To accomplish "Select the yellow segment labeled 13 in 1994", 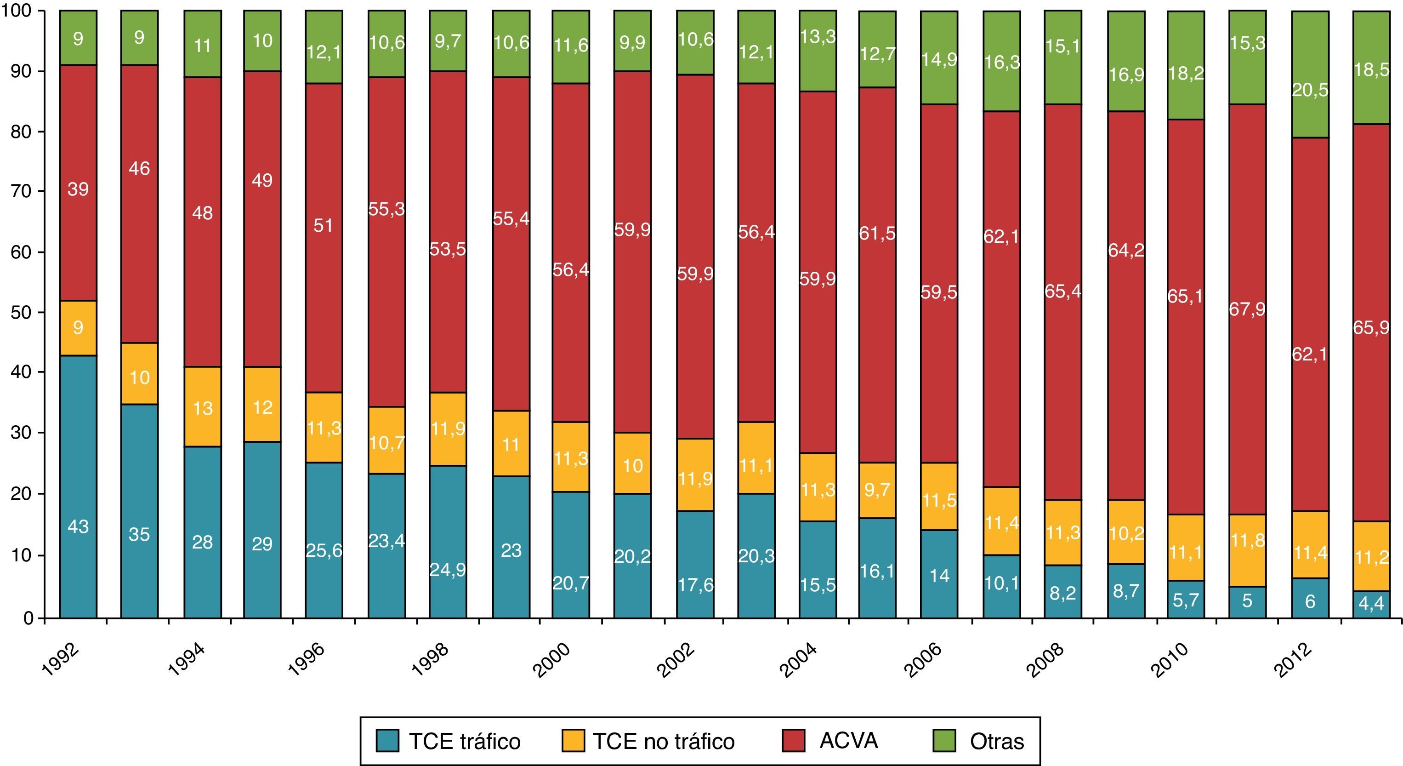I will coord(203,407).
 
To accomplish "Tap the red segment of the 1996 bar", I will coord(324,238).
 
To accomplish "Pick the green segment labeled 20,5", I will coord(1310,74).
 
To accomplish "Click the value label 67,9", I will coord(1247,309).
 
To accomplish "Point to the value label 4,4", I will coord(1371,604).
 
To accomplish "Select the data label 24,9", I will coord(448,570).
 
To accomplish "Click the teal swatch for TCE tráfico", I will coord(387,741).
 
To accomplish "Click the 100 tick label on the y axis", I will coord(17,11).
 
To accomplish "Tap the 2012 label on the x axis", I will coord(1292,660).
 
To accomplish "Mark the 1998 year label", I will coord(430,660).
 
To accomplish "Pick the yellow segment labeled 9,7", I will coord(877,490).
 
